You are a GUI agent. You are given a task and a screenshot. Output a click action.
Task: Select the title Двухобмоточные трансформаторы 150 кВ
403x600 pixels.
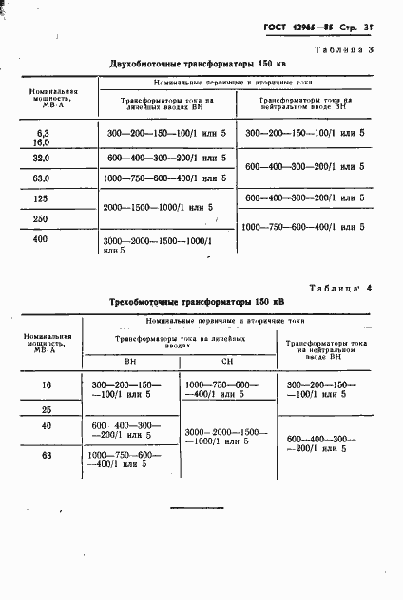[198, 64]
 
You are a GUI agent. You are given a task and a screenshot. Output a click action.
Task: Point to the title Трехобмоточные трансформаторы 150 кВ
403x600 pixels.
[198, 301]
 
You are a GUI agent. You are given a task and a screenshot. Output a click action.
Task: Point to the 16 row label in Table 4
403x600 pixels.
[46, 384]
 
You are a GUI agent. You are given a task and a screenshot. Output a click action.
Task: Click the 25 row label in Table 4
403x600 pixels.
[46, 409]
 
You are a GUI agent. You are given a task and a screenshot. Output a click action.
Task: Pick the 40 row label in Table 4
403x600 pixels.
[46, 426]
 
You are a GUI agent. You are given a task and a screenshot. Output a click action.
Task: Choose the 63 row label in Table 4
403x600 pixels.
[46, 457]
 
